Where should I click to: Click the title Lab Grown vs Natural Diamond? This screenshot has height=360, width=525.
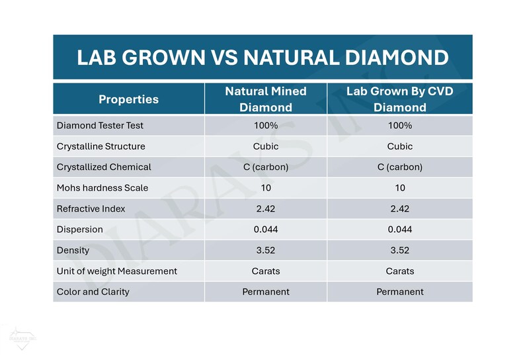262,57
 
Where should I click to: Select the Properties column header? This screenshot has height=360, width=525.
128,99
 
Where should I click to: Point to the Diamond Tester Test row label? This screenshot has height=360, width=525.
99,126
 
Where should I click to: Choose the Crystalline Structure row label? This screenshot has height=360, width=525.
101,146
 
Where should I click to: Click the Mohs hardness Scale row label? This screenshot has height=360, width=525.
102,188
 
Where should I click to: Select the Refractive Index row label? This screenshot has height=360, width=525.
91,208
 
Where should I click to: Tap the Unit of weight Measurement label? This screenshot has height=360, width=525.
117,271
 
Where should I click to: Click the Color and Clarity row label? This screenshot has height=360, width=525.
93,291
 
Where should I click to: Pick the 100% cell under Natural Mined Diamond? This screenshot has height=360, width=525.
265,126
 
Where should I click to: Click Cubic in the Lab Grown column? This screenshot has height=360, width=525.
399,146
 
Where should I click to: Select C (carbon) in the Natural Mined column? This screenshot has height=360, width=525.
265,167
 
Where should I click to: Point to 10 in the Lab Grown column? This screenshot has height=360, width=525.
399,188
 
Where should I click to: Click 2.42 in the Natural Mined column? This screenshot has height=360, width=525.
265,208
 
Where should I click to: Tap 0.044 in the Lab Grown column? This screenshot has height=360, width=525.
399,230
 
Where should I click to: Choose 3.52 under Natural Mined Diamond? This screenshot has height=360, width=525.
265,250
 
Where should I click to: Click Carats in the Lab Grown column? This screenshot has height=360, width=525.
399,271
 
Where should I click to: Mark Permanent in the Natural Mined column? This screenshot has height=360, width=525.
265,291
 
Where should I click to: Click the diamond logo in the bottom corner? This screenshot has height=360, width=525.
20,337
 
